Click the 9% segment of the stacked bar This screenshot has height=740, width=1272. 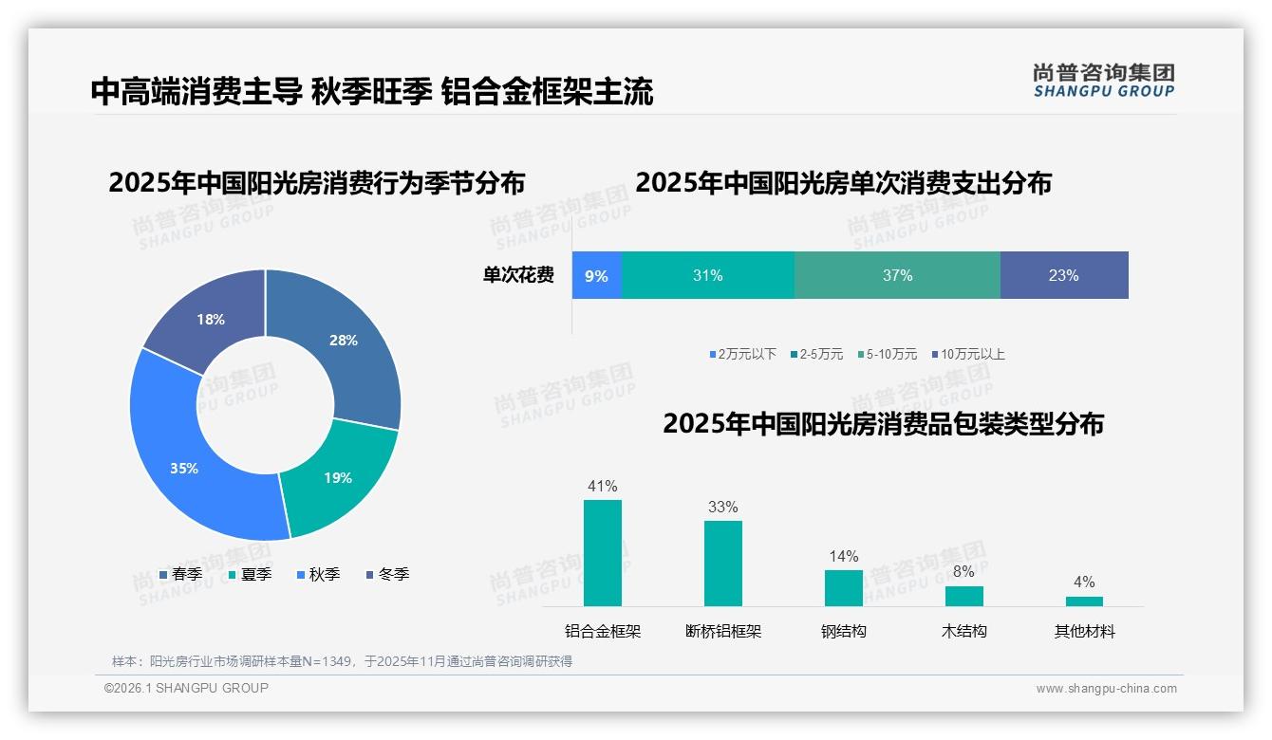596,275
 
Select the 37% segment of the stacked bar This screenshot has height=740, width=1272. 897,275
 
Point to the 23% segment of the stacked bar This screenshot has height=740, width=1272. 1063,275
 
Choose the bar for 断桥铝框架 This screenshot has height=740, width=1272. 722,564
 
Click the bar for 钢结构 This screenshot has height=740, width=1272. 844,588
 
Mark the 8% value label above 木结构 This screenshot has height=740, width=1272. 963,572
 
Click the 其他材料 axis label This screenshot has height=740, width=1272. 1084,631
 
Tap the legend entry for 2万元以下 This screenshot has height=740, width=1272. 742,355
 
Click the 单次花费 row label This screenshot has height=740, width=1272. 518,276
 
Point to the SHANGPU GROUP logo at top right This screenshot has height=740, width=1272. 1103,80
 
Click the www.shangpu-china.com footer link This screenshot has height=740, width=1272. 1106,689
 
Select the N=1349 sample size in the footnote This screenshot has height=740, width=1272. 328,661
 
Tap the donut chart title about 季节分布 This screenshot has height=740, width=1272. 316,182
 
